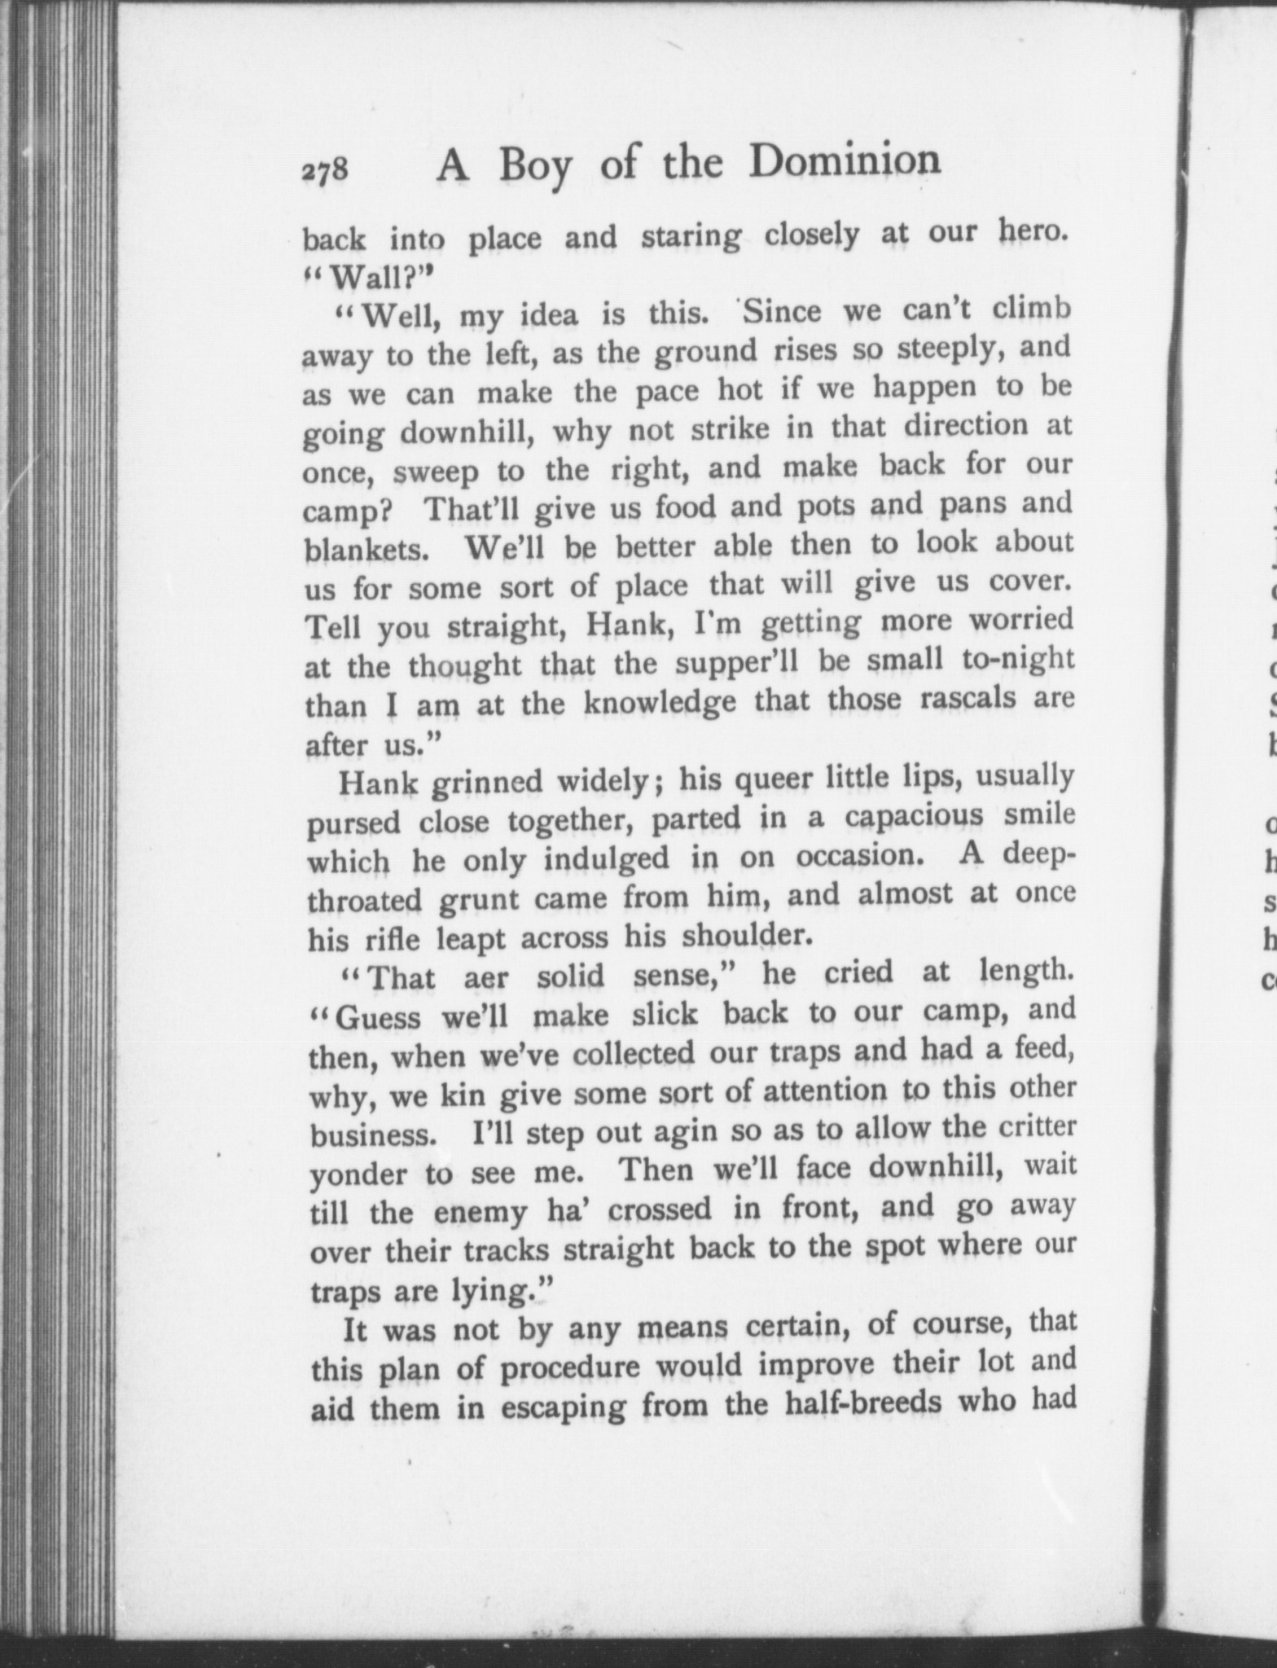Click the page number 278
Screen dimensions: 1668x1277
click(325, 172)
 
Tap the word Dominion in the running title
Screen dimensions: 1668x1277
click(845, 161)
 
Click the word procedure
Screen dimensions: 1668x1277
click(569, 1370)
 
